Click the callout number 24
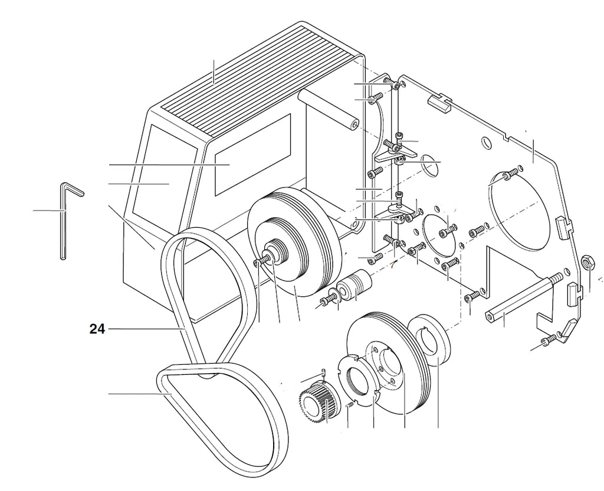tap(97, 329)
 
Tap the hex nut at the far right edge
tap(587, 263)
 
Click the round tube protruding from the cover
tap(328, 108)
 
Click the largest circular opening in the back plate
tap(520, 209)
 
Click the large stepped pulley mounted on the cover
tap(293, 242)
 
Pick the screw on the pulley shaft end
tap(260, 261)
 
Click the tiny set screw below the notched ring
tap(350, 405)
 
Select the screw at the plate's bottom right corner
tap(549, 339)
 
